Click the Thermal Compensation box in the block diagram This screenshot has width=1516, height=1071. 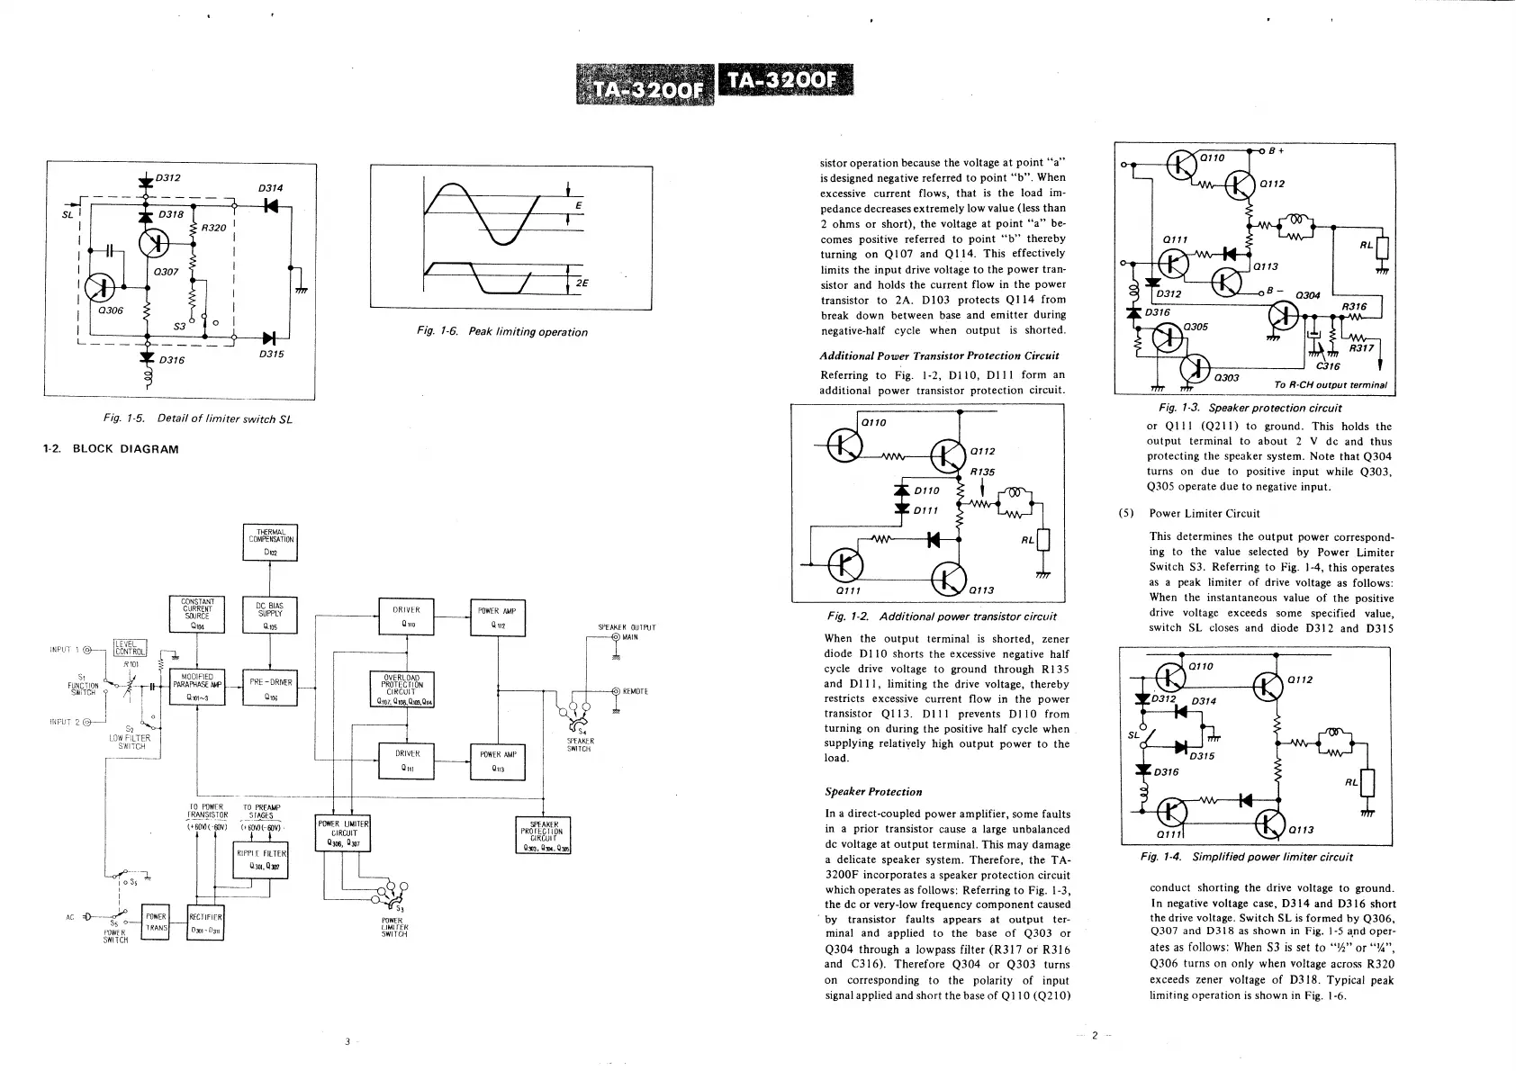pos(270,542)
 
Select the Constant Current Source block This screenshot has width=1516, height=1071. pos(197,615)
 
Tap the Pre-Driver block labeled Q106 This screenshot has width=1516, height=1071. pos(270,688)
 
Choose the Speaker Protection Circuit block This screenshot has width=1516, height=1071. pos(544,835)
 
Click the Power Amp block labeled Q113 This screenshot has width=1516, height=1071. pos(497,761)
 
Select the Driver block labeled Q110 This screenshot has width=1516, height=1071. pos(407,616)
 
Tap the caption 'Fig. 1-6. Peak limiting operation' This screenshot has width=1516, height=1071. pos(502,332)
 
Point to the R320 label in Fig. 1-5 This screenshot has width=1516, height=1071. pos(213,228)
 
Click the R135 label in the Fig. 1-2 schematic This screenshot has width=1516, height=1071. pos(982,472)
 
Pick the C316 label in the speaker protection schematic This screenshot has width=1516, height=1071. pos(1328,366)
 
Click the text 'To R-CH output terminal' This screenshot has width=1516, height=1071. pos(1330,385)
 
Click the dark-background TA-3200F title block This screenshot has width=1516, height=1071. pos(783,83)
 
